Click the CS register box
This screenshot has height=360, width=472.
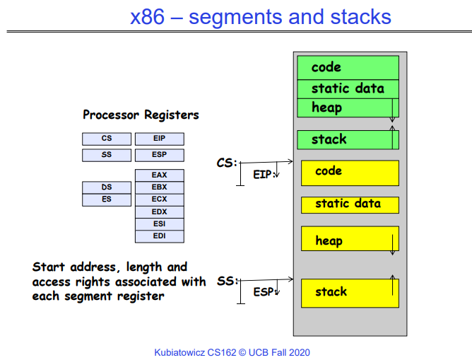coord(107,139)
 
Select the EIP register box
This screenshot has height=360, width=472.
coord(159,139)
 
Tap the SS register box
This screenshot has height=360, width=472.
coord(107,155)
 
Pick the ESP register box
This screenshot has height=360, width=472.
coord(159,155)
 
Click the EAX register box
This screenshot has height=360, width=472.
coord(159,175)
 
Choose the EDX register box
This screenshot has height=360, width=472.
coord(159,212)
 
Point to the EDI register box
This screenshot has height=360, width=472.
coord(159,236)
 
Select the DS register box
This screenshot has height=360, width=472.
coord(107,187)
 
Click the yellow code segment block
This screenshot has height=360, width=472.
coord(350,173)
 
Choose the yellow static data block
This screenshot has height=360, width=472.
coord(350,204)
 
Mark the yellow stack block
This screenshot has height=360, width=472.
coord(350,292)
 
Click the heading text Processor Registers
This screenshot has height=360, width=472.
coord(141,115)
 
